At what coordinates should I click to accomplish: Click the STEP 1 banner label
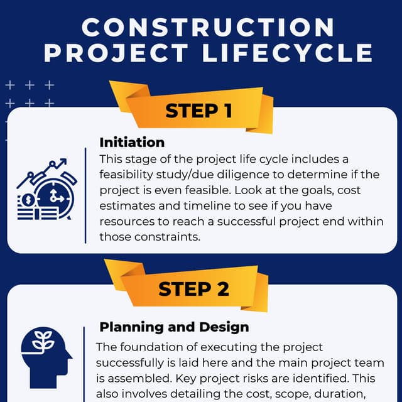click(x=199, y=111)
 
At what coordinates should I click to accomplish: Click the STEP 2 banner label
click(x=194, y=289)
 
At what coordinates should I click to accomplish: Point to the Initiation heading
click(x=132, y=143)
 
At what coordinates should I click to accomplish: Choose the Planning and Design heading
click(x=174, y=327)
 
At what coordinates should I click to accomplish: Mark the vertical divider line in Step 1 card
click(x=85, y=195)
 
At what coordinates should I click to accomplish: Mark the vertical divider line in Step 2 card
click(x=84, y=364)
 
